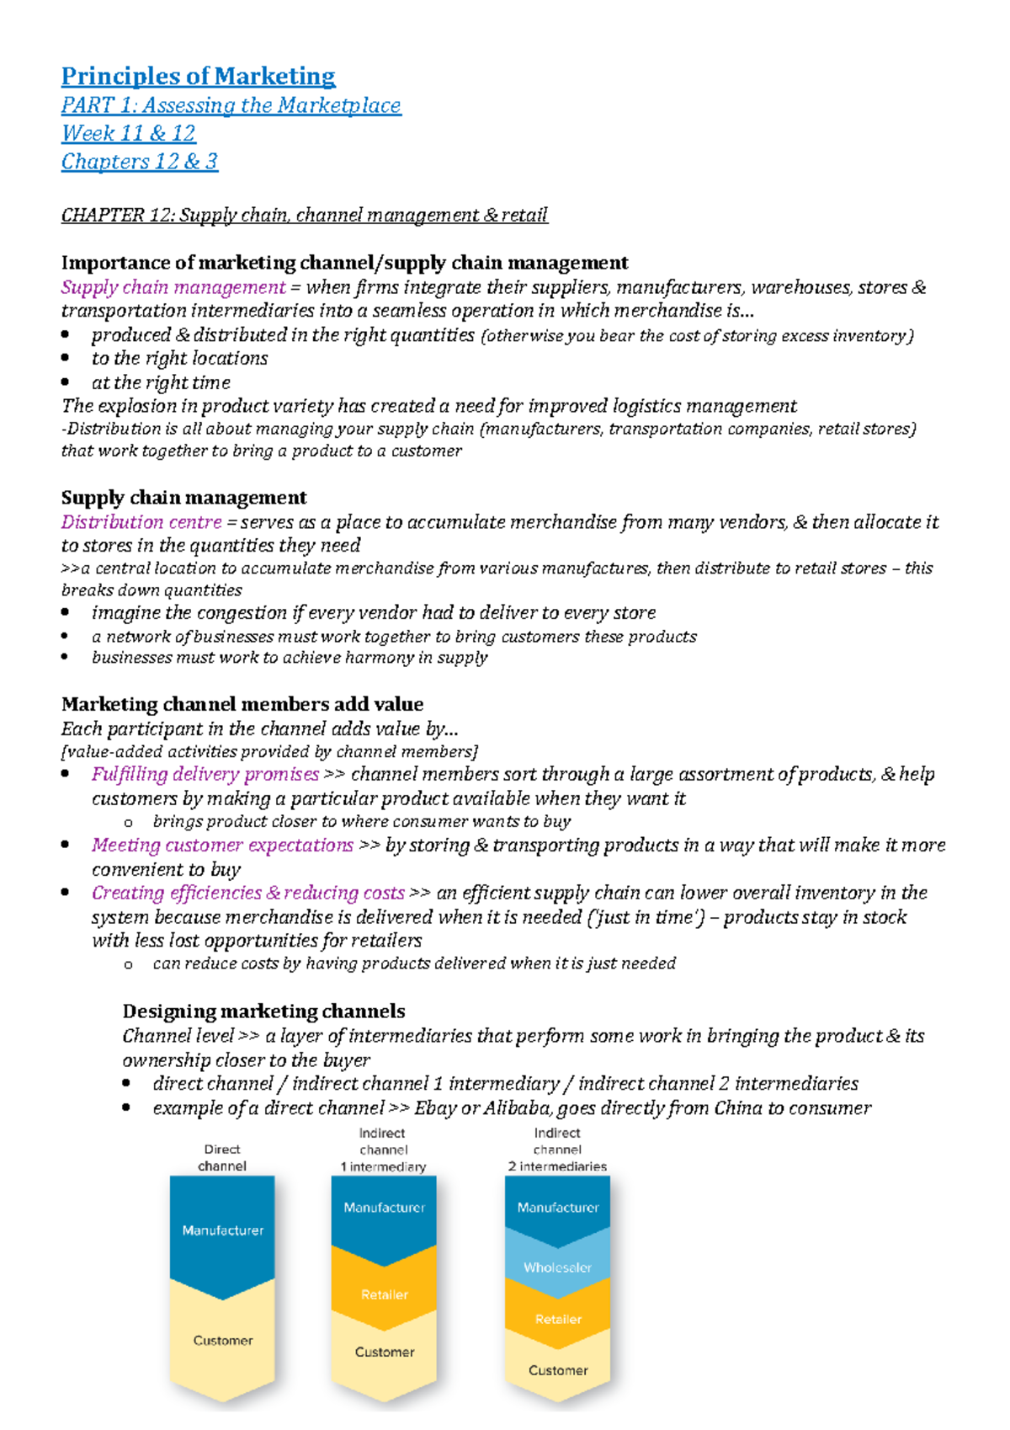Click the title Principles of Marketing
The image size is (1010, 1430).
[198, 77]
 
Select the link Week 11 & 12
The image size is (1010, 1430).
[128, 133]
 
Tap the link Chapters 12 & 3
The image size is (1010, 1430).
[139, 161]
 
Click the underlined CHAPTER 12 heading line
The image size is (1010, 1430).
[304, 215]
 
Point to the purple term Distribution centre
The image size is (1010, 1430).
[141, 522]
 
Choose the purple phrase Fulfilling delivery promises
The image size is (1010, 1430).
[205, 774]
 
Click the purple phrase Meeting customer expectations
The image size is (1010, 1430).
[222, 845]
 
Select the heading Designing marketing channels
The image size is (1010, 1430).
[263, 1011]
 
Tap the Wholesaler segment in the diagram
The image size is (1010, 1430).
[557, 1267]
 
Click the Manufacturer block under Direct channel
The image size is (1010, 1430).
[222, 1230]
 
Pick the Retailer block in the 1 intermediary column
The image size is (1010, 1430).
[384, 1294]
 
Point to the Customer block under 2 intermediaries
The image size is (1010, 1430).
[557, 1370]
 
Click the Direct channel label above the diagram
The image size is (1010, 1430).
[222, 1158]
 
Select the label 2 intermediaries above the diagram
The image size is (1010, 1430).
[557, 1166]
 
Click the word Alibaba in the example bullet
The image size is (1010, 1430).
[518, 1108]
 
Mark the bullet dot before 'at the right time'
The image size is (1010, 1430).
[66, 382]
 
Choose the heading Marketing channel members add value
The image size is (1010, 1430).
[242, 704]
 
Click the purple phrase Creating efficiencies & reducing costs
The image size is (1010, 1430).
[248, 893]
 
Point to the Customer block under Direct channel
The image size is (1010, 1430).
[222, 1340]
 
